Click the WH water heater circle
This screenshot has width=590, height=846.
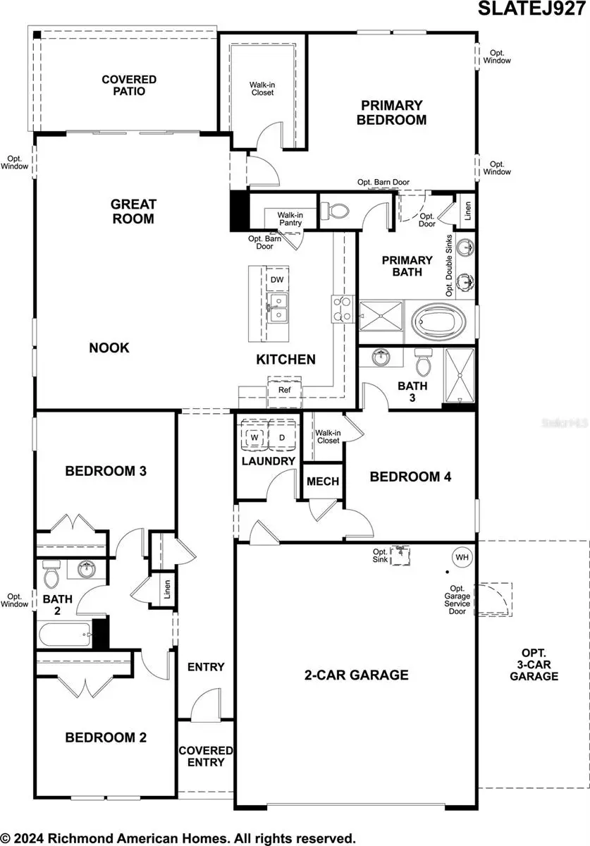[462, 557]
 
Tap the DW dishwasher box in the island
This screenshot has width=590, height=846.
[278, 280]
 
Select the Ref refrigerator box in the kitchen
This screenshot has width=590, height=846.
[284, 390]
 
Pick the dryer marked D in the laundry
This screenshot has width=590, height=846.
[281, 438]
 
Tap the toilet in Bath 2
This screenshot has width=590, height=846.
[51, 576]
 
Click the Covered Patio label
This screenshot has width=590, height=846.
[128, 85]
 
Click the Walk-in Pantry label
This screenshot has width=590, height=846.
[289, 219]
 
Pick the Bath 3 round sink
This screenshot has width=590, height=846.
[381, 357]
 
